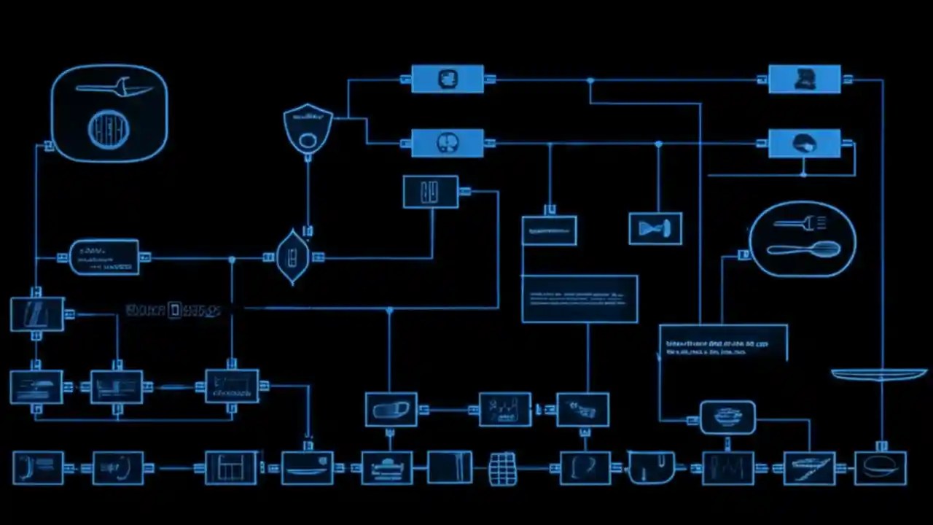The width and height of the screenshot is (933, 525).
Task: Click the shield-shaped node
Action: click(308, 128)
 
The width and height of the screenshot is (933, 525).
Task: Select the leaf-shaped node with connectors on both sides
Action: click(292, 257)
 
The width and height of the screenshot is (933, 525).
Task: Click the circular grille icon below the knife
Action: click(109, 130)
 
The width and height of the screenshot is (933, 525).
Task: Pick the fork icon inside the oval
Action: click(800, 222)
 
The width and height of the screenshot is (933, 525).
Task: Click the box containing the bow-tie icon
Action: click(655, 228)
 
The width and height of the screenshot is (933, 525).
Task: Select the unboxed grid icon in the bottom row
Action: click(503, 468)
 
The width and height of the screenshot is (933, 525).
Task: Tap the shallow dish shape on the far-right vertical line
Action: click(879, 375)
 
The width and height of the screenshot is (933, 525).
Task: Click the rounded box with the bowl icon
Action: click(727, 417)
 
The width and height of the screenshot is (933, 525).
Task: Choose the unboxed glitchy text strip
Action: click(173, 311)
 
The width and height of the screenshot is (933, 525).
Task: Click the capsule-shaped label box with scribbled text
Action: click(104, 257)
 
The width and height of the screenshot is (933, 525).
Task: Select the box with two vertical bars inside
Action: click(431, 192)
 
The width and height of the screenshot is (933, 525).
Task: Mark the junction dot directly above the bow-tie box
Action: click(658, 144)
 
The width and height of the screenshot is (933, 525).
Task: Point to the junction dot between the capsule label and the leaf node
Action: click(232, 259)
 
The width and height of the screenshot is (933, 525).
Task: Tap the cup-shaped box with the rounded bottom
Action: click(652, 468)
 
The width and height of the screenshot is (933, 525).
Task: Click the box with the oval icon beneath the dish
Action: click(881, 468)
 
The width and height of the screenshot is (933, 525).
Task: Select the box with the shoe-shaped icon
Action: click(391, 409)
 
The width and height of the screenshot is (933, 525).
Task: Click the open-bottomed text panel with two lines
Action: click(723, 343)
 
